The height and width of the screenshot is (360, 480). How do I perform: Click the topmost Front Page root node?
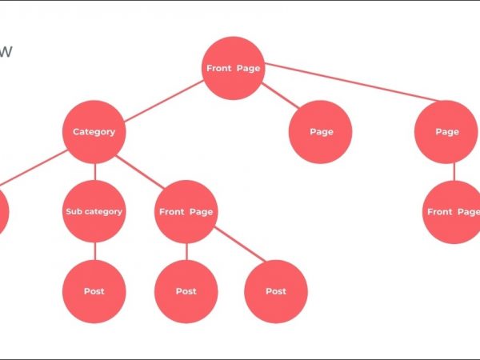click(233, 68)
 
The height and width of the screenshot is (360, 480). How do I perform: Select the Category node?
click(94, 132)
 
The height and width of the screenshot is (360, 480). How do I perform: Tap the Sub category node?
click(94, 212)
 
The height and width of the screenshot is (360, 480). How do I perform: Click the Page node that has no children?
click(320, 132)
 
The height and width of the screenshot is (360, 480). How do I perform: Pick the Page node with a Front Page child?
click(446, 132)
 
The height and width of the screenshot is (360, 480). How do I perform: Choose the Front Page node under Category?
click(186, 212)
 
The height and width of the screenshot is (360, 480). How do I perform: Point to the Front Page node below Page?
click(453, 212)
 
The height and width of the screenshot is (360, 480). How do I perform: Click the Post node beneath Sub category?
click(94, 291)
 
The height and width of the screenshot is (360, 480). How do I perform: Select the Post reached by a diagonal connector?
click(276, 291)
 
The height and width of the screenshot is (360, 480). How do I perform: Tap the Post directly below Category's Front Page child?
click(186, 291)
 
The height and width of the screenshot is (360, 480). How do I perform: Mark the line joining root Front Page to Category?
click(164, 100)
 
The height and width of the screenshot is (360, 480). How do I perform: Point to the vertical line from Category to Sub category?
click(94, 172)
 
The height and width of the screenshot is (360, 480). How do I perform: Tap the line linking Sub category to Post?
click(94, 252)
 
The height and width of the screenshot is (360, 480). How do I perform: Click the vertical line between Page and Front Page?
click(454, 172)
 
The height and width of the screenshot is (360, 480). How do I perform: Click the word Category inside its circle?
click(94, 132)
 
